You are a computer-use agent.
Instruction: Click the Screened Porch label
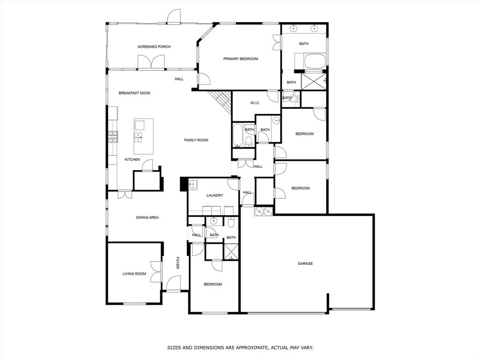(x=154, y=47)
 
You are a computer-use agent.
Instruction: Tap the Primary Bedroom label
(x=240, y=59)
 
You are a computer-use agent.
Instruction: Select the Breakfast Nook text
(x=135, y=93)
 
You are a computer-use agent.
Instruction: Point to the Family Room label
(x=196, y=140)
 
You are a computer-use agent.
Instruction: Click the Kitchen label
(x=132, y=160)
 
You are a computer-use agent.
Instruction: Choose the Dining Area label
(x=147, y=217)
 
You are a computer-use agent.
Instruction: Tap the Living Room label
(x=134, y=274)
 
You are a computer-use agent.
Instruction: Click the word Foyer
(x=178, y=262)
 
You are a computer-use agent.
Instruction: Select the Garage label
(x=305, y=263)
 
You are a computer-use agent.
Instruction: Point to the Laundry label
(x=215, y=195)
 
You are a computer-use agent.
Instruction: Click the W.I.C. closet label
(x=255, y=103)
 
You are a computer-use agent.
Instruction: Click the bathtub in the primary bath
(x=310, y=61)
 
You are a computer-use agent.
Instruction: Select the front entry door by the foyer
(x=173, y=284)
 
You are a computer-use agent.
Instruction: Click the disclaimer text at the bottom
(x=240, y=348)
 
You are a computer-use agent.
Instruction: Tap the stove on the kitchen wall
(x=112, y=136)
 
